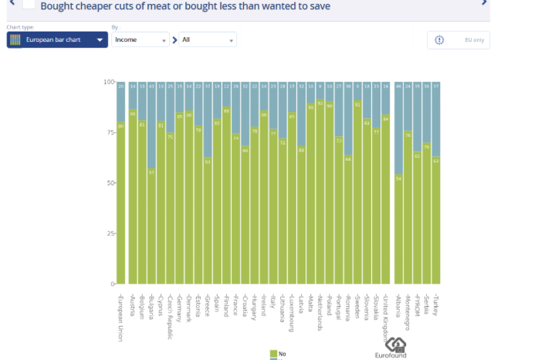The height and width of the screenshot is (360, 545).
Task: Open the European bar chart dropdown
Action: coord(57,40)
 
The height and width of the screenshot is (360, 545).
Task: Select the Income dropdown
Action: coord(140,40)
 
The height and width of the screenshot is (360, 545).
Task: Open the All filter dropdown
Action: coord(208,40)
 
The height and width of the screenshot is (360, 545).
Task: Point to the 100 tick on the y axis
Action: coord(109,81)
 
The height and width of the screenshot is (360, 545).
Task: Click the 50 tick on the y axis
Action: coord(110,183)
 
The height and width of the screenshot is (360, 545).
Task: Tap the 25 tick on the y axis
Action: coord(110,233)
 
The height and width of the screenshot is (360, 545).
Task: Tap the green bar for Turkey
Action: coord(435,220)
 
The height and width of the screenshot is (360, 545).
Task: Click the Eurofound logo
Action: coord(396,347)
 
